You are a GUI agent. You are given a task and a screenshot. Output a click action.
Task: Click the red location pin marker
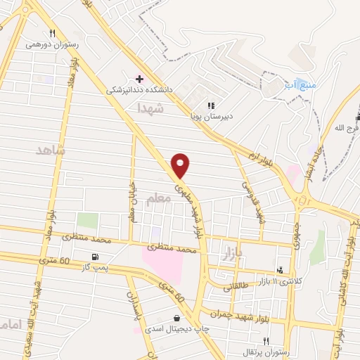(181, 165)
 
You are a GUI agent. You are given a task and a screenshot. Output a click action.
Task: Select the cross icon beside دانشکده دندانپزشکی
(139, 78)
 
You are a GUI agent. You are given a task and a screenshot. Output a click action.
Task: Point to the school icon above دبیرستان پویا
(211, 105)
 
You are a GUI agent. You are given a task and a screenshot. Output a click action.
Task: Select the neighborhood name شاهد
(50, 150)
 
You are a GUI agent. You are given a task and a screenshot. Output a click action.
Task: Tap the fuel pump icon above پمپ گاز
(95, 257)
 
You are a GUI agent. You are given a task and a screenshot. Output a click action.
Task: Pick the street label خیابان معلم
(131, 199)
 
